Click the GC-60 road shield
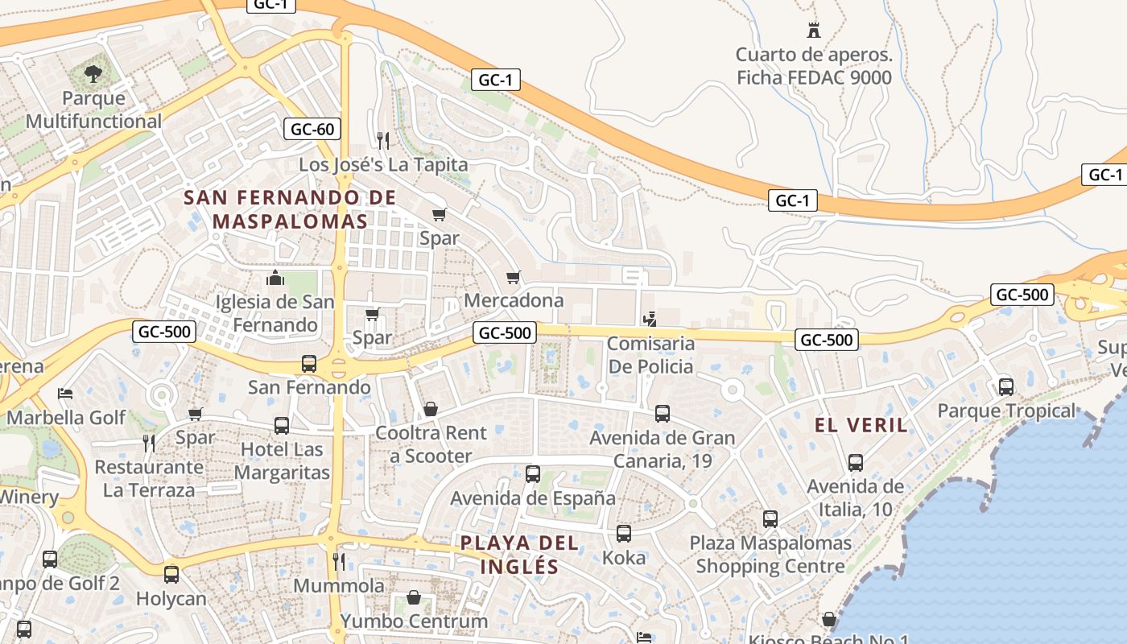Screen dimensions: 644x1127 pos(312,129)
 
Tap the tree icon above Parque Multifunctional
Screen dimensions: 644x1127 pos(93,75)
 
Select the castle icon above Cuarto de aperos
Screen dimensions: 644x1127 pos(814,31)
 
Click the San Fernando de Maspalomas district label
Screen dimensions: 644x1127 pos(290,209)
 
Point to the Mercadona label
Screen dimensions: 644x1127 pos(514,300)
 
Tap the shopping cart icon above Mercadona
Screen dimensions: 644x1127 pos(514,278)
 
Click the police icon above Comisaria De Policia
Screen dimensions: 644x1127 pos(650,319)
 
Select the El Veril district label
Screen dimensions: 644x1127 pos(861,426)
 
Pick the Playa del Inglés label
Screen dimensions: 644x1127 pos(519,554)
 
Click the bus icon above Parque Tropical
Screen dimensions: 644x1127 pos(1006,387)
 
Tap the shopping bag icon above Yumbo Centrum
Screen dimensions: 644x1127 pos(414,597)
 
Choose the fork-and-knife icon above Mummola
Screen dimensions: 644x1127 pos(339,561)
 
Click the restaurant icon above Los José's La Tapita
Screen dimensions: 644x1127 pos(383,141)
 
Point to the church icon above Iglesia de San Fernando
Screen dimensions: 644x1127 pos(275,279)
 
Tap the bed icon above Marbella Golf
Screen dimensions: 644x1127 pos(66,394)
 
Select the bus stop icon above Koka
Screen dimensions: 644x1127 pos(624,534)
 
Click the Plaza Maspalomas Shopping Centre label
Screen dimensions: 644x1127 pos(770,555)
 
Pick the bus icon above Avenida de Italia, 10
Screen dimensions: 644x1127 pos(856,463)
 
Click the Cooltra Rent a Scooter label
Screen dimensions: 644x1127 pos(431,444)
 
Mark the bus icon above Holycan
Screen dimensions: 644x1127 pos(171,575)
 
